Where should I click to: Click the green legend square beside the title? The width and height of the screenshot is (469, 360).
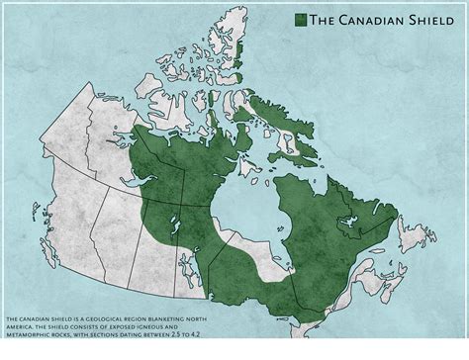tap(300, 19)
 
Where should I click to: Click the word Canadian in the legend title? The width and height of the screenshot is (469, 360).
tap(369, 19)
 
